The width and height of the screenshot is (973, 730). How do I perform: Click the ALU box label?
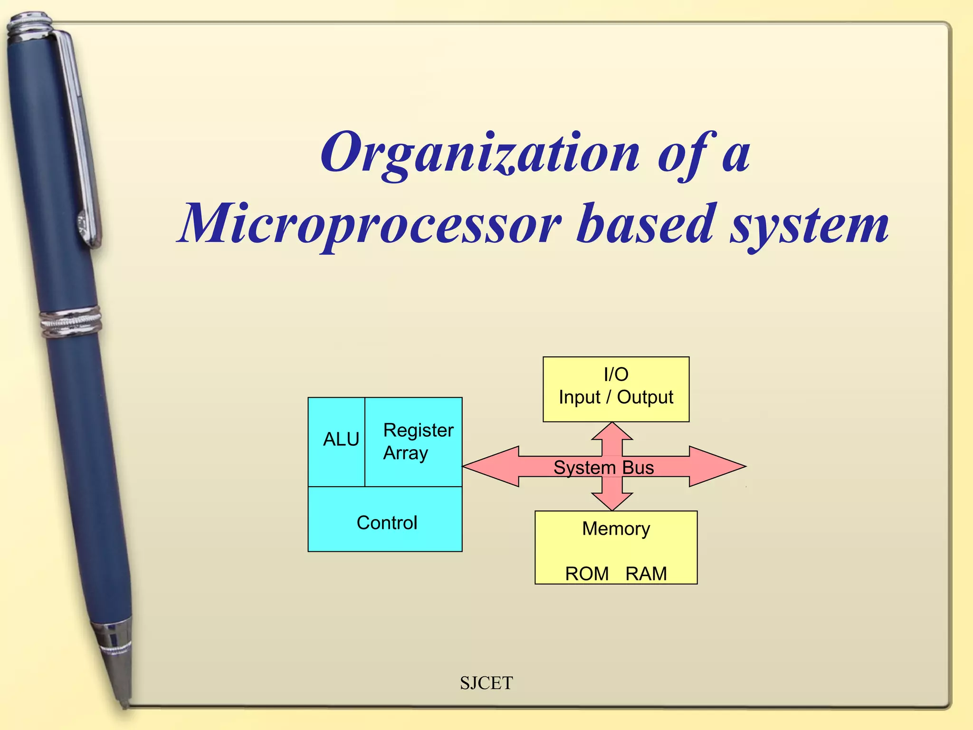pyautogui.click(x=341, y=439)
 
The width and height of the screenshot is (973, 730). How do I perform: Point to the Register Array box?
pyautogui.click(x=414, y=442)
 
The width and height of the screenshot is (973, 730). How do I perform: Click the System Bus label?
pyautogui.click(x=603, y=468)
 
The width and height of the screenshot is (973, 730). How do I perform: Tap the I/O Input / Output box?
pyautogui.click(x=616, y=389)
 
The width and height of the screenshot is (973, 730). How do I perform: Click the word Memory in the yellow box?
pyautogui.click(x=616, y=528)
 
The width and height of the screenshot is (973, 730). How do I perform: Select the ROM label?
pyautogui.click(x=587, y=574)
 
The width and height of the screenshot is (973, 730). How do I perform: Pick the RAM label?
pyautogui.click(x=646, y=574)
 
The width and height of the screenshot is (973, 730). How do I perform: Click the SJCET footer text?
pyautogui.click(x=486, y=683)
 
